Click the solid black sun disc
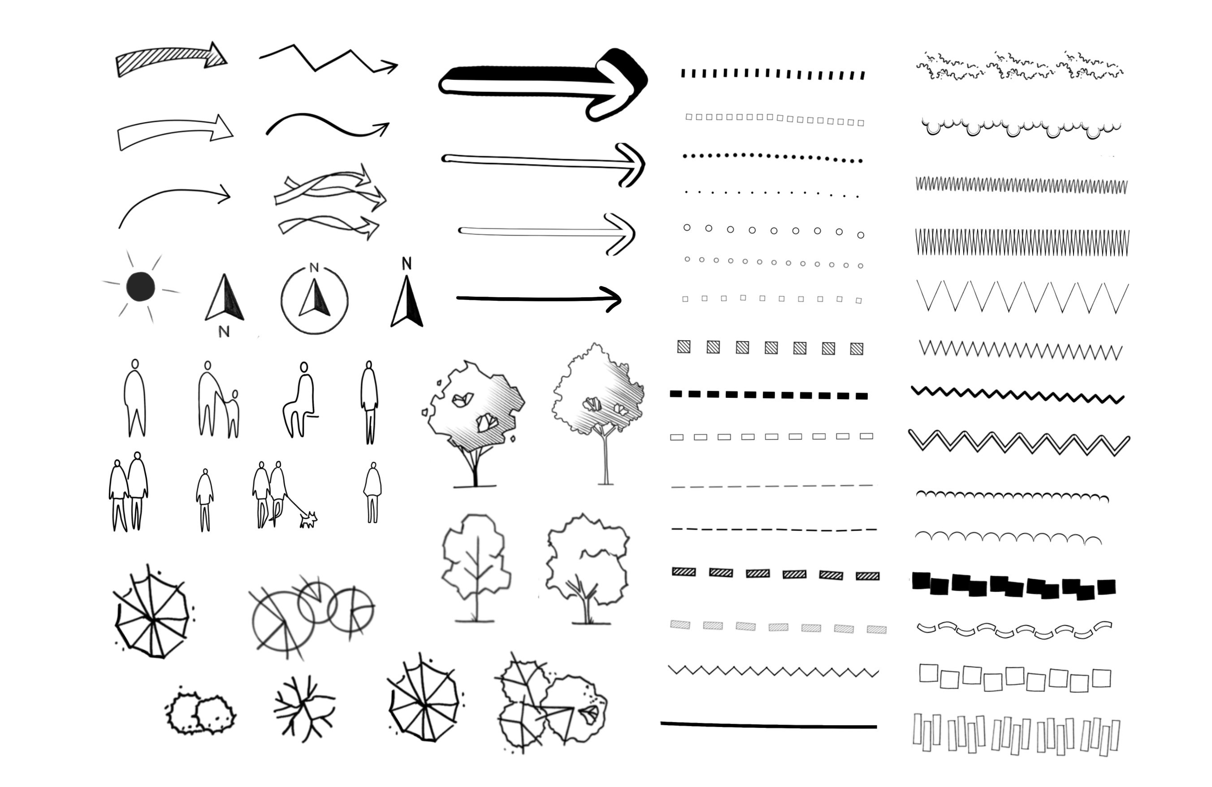[141, 286]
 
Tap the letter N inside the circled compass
[314, 267]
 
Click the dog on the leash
[308, 520]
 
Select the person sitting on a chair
[300, 400]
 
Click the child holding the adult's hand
[233, 413]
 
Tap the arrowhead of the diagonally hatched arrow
[216, 55]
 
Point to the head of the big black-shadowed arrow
[619, 84]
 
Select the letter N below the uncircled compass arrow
[224, 331]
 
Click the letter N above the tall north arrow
[407, 263]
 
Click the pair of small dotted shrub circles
[201, 713]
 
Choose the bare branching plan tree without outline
[304, 708]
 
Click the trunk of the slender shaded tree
[606, 458]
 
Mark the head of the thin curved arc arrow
[223, 194]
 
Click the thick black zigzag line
[1017, 394]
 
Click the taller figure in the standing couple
[137, 491]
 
